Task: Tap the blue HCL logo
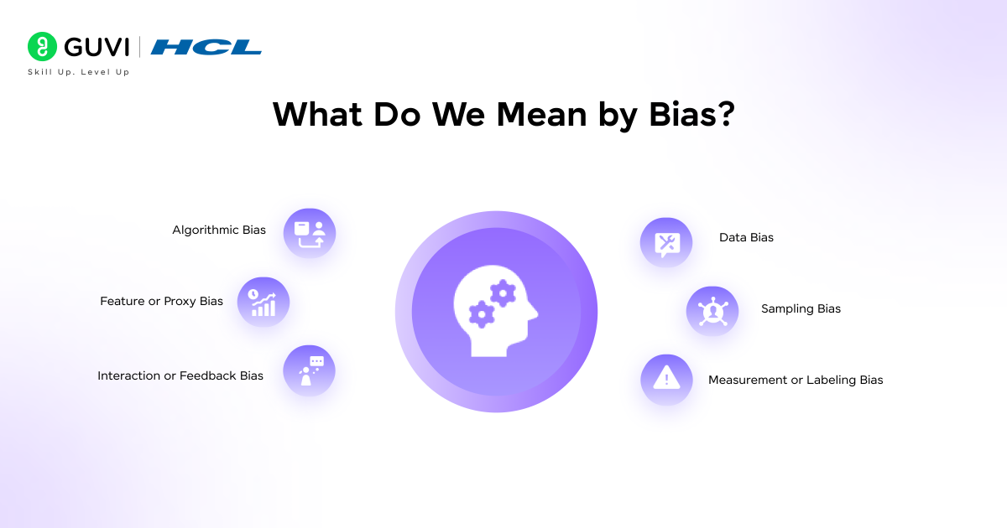pyautogui.click(x=206, y=47)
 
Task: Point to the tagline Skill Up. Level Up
pyautogui.click(x=79, y=72)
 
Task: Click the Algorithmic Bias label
pyautogui.click(x=219, y=230)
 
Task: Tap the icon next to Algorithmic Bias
pyautogui.click(x=309, y=233)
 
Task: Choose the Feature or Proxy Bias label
pyautogui.click(x=161, y=301)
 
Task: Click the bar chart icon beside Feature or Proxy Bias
pyautogui.click(x=263, y=303)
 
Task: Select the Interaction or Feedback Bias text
pyautogui.click(x=180, y=375)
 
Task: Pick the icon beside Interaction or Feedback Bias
pyautogui.click(x=309, y=370)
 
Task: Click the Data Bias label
pyautogui.click(x=746, y=237)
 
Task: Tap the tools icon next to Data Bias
pyautogui.click(x=666, y=243)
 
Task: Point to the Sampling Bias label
pyautogui.click(x=801, y=308)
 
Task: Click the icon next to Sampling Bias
pyautogui.click(x=712, y=312)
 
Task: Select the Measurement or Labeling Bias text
pyautogui.click(x=796, y=380)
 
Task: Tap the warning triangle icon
pyautogui.click(x=666, y=380)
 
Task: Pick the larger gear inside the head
pyautogui.click(x=503, y=292)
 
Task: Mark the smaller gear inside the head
pyautogui.click(x=481, y=314)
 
